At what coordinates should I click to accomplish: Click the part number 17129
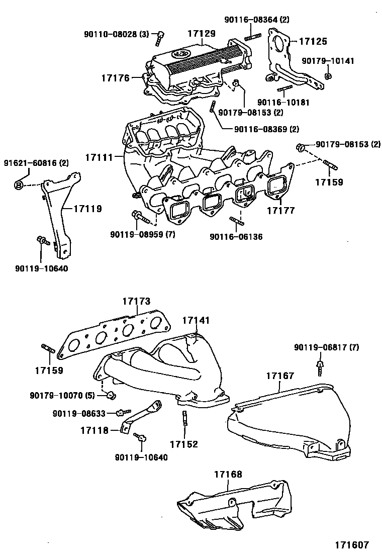coord(202,34)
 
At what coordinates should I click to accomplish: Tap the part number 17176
coord(115,78)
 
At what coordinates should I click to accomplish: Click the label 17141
coord(196,320)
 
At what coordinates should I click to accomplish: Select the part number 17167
coord(280,376)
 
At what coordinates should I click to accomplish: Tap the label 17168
coord(228,474)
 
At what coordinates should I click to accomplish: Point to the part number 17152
coord(183,444)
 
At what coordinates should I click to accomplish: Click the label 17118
coord(94,430)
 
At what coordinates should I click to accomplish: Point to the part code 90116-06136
coord(236,236)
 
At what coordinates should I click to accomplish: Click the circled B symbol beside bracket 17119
coord(19,185)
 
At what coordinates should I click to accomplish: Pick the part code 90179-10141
coord(328,61)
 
